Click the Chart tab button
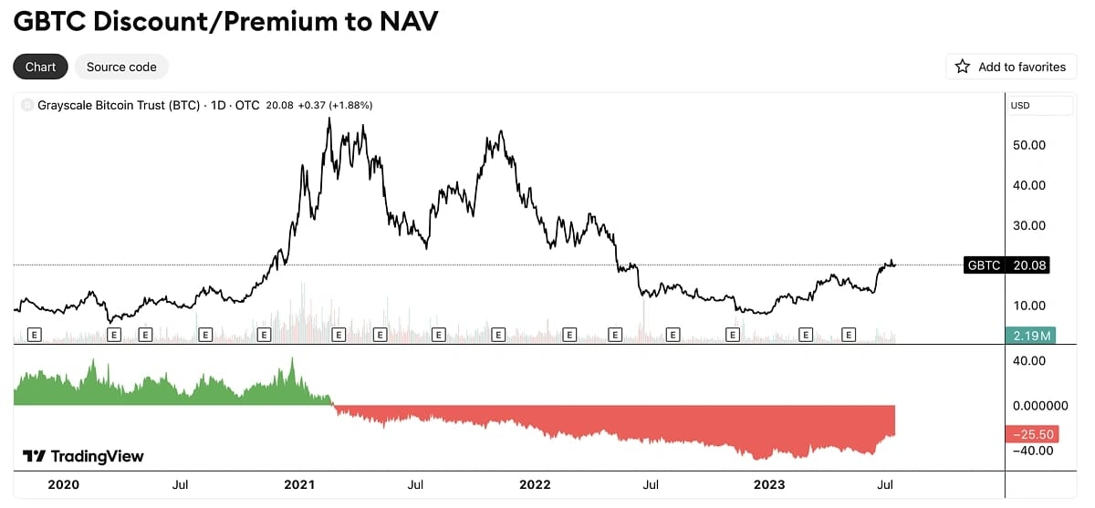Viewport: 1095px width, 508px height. (40, 67)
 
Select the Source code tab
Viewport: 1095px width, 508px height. (121, 67)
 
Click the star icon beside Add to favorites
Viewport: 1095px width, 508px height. (963, 67)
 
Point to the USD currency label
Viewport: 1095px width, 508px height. (1021, 106)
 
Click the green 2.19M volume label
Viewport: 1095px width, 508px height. (1030, 336)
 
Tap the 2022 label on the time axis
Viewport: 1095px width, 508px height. (534, 484)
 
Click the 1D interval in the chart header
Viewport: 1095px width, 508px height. (215, 106)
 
